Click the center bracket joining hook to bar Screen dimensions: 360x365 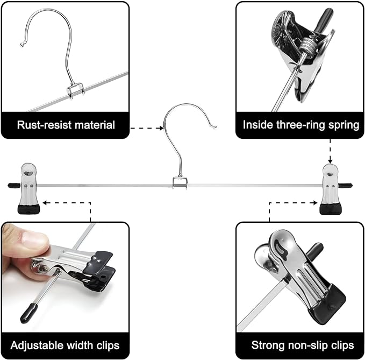coord(180,183)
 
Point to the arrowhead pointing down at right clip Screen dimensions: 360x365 coord(330,160)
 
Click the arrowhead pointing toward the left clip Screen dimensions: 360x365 coord(45,203)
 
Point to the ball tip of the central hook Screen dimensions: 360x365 coord(214,128)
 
